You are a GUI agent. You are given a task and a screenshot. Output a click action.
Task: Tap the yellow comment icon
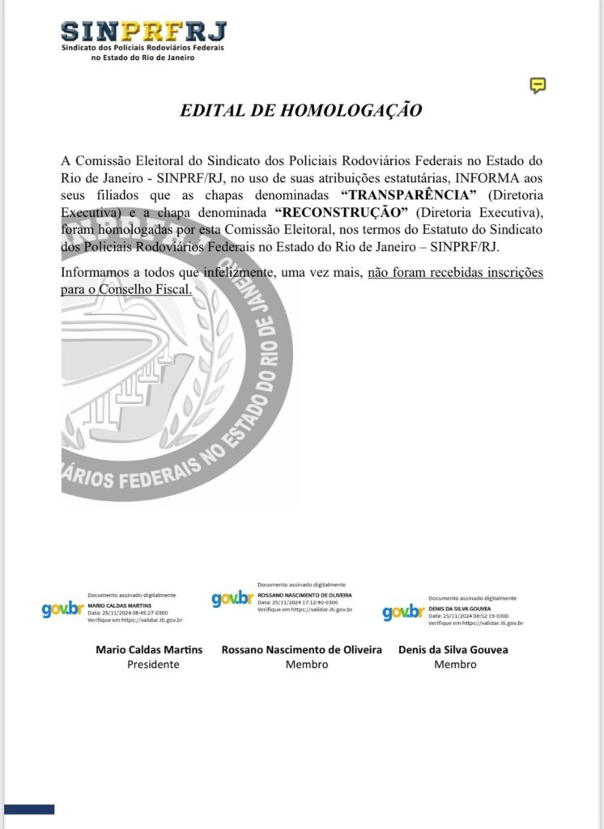(x=538, y=85)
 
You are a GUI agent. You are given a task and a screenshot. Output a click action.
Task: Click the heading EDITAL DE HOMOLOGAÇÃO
(x=301, y=111)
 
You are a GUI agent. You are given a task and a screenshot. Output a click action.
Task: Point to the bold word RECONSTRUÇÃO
(x=340, y=212)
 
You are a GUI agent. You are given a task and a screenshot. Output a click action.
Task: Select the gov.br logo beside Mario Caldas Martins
(x=62, y=610)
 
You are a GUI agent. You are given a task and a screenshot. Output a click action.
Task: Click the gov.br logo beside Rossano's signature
(x=232, y=598)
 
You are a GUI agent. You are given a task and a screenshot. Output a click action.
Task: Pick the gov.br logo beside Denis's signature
(x=403, y=612)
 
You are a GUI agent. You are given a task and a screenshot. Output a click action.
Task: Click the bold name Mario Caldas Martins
(x=149, y=649)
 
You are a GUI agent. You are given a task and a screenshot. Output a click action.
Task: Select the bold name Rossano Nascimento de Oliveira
(x=302, y=649)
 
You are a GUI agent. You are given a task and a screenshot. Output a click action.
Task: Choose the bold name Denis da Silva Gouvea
(x=453, y=649)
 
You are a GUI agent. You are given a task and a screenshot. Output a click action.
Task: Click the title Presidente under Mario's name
(x=153, y=665)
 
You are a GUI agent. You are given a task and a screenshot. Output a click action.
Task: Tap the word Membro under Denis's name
(x=455, y=665)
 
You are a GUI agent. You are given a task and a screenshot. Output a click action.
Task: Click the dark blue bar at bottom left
(x=29, y=809)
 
